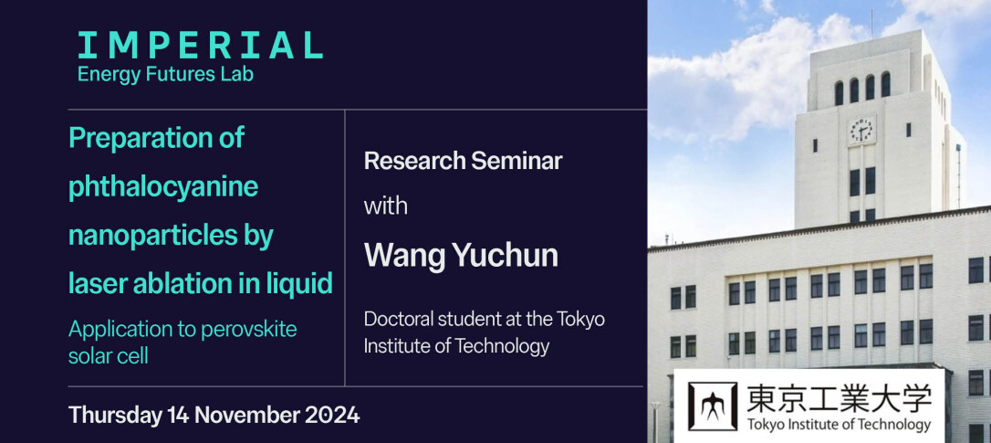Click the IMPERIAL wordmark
click(201, 46)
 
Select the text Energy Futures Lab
click(165, 75)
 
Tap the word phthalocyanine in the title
click(163, 188)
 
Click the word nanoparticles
click(141, 236)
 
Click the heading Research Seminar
click(463, 162)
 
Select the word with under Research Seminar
click(385, 206)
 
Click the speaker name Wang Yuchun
click(461, 256)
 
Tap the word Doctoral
click(392, 319)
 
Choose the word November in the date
click(246, 416)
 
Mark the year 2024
click(332, 416)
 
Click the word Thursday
click(115, 417)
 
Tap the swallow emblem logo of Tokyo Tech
click(713, 406)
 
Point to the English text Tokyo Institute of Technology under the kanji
click(839, 424)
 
